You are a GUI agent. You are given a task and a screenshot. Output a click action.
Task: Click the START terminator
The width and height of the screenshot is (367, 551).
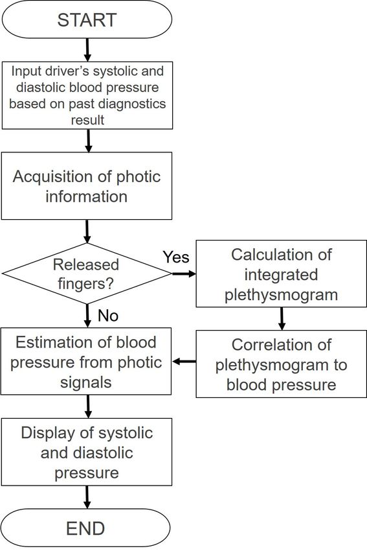click(87, 19)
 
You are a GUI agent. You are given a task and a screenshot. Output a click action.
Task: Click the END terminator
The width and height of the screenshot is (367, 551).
click(86, 528)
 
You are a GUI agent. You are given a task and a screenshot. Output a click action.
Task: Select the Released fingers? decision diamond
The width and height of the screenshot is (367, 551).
click(87, 274)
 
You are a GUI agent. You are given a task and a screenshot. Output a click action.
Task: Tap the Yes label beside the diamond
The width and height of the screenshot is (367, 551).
click(176, 257)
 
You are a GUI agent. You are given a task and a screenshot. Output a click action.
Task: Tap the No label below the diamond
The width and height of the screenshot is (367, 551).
click(108, 316)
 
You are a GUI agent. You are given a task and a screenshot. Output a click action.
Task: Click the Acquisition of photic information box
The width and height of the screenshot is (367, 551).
click(87, 186)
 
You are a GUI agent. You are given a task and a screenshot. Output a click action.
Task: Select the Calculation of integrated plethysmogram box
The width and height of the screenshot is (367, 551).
click(281, 274)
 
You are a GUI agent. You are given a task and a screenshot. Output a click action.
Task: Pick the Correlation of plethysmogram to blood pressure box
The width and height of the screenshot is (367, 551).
click(281, 364)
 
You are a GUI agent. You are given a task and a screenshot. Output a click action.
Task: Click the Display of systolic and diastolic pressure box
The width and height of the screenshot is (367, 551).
click(87, 452)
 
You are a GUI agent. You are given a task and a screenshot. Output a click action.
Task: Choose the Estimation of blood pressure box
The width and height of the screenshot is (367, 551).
click(86, 361)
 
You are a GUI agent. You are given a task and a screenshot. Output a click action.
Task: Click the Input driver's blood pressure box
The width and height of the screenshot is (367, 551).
click(87, 95)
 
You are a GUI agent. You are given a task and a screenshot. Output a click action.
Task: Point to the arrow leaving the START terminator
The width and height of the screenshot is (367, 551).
click(87, 50)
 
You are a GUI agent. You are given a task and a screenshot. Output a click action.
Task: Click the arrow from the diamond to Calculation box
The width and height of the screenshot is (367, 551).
click(184, 274)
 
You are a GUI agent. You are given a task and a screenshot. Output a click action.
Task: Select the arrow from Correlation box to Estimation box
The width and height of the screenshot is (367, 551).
click(184, 361)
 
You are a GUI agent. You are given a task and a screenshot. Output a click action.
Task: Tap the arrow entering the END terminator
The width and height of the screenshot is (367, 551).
click(87, 497)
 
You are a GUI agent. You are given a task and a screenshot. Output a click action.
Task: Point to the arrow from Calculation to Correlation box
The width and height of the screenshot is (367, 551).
click(282, 319)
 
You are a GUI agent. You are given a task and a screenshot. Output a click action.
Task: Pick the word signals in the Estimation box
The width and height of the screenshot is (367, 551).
click(86, 382)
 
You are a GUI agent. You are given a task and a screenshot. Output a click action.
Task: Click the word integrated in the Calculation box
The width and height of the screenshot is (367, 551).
click(281, 274)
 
